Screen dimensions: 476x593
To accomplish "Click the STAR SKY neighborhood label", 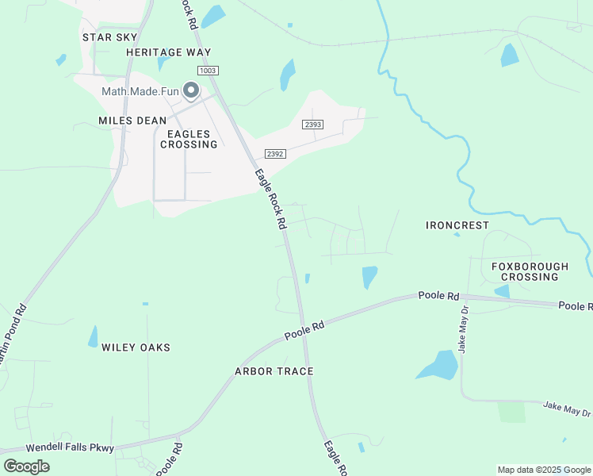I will click(x=110, y=37).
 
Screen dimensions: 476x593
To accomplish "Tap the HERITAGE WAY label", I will click(x=169, y=52).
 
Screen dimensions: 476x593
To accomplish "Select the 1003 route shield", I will click(x=209, y=71).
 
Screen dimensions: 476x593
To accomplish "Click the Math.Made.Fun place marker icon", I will click(x=191, y=91).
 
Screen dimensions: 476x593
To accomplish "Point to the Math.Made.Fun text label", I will click(x=140, y=91).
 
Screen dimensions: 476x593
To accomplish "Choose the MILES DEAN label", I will click(x=132, y=121).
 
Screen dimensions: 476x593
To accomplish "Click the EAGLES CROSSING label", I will click(x=189, y=139).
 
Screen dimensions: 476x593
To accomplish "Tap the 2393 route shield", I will click(x=313, y=125).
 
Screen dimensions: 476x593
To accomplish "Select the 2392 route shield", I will click(x=275, y=154).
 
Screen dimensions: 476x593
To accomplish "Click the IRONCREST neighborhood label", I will click(x=457, y=225).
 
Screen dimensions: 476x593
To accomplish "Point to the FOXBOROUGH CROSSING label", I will click(x=530, y=271).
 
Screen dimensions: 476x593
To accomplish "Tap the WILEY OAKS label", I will click(x=136, y=347).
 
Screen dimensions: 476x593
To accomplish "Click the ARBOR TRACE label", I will click(x=274, y=371).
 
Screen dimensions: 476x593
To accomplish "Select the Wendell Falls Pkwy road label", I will click(x=70, y=448).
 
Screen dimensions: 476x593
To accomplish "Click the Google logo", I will click(x=26, y=466).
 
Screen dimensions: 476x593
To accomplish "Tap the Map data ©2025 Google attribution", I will click(x=544, y=470).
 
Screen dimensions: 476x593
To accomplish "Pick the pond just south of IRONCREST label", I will click(x=456, y=235).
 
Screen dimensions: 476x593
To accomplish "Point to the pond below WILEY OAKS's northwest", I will click(x=94, y=336).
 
